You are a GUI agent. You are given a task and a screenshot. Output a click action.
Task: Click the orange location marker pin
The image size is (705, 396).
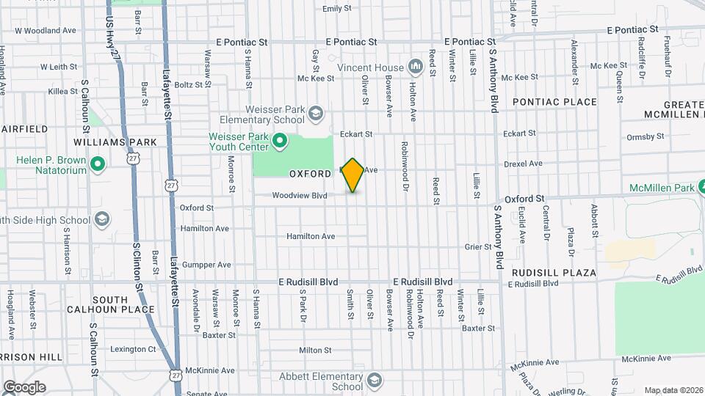(353, 175)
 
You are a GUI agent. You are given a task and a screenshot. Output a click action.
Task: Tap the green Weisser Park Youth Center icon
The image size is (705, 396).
(279, 141)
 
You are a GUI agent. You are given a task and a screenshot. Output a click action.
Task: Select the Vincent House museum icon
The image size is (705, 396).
(416, 67)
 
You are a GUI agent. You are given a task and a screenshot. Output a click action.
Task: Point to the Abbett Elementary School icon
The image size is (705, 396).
(375, 381)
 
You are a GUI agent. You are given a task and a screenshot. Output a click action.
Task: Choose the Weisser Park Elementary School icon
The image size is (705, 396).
(315, 114)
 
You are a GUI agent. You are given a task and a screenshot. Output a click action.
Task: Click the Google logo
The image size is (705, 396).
(24, 387)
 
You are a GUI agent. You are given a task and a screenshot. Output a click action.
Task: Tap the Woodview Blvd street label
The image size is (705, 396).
(299, 196)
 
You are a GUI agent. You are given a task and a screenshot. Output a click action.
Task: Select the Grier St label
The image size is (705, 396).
(477, 247)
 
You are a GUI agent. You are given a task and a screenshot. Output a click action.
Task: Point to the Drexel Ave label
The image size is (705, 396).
(523, 164)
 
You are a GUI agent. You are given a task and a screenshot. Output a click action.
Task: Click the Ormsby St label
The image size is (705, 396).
(646, 136)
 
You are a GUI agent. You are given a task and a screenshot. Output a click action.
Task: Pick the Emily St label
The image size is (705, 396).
(337, 9)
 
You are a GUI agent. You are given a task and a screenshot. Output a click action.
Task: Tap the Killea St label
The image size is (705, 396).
(62, 92)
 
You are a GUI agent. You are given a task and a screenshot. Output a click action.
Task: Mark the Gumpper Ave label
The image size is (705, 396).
(206, 265)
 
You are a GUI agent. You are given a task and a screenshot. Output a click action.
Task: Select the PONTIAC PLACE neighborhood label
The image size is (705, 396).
(554, 102)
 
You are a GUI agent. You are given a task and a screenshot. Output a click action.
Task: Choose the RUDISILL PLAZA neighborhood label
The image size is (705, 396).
(554, 273)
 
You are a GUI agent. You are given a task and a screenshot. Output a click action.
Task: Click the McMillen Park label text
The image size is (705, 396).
(662, 188)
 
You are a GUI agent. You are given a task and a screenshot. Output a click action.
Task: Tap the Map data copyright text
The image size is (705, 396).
(673, 390)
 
